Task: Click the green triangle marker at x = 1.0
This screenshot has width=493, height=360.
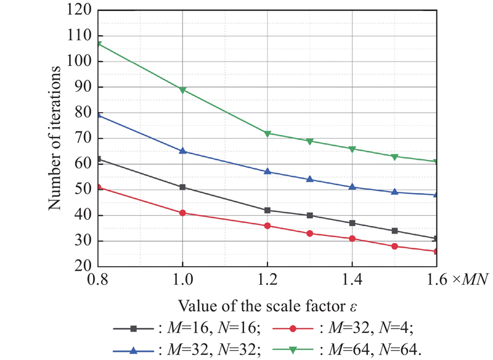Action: pos(183,90)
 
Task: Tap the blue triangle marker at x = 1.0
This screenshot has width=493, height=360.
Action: pos(183,151)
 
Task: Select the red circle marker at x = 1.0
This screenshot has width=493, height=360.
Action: pos(183,213)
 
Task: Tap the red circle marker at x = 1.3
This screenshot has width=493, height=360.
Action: pos(310,234)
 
